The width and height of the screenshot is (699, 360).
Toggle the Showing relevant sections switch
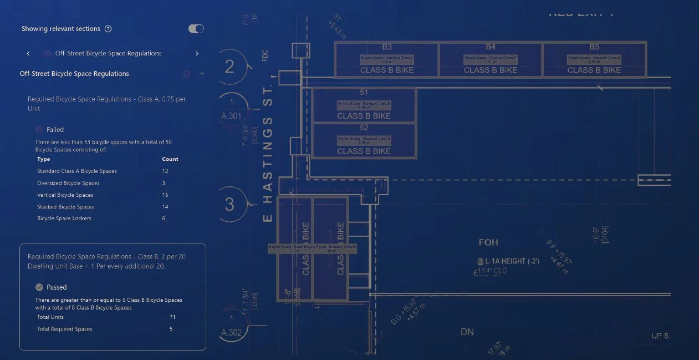(x=196, y=29)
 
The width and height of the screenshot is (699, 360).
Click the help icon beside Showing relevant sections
(x=108, y=29)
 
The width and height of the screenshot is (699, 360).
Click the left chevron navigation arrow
(x=28, y=54)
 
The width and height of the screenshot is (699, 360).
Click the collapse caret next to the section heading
(x=201, y=74)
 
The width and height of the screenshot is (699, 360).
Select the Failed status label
(x=55, y=130)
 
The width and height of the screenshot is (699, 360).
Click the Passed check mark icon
(x=39, y=287)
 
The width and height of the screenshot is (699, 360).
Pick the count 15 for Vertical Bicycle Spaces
(x=165, y=195)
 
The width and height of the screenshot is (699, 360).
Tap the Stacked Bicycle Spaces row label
(x=65, y=207)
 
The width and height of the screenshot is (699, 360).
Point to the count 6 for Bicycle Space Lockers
(x=164, y=219)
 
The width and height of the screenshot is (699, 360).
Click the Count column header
(x=170, y=159)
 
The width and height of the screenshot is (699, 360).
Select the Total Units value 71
(x=172, y=317)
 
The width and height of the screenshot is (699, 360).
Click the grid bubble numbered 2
(x=229, y=67)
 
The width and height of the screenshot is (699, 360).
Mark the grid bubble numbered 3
(x=229, y=205)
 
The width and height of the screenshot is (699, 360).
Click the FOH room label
(x=488, y=242)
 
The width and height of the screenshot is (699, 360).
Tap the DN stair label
(x=467, y=332)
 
